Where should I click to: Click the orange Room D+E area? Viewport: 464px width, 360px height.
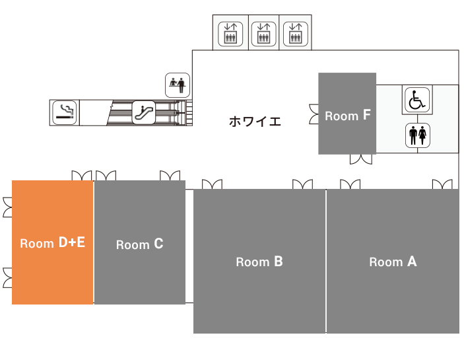pos(52,242)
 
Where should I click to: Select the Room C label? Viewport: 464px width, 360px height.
pos(140,244)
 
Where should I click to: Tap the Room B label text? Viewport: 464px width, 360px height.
pos(259,262)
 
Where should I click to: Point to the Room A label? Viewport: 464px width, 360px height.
pos(393,262)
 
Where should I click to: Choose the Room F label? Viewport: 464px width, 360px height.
pos(348,116)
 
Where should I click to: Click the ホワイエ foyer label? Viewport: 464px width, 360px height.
pos(255,122)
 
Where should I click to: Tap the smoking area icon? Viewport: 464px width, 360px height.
pos(65,112)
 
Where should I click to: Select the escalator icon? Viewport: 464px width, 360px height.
pos(143,112)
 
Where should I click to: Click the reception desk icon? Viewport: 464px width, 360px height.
pos(178,85)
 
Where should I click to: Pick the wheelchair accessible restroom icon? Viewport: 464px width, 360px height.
pos(417,100)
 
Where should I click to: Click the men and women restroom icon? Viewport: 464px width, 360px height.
pos(418,135)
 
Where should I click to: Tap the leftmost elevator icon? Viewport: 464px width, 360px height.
pos(230,34)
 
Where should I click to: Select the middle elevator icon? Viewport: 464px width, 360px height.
pos(263,34)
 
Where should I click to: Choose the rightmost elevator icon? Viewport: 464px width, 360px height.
pos(296,34)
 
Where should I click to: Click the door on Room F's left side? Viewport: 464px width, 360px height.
pos(314,114)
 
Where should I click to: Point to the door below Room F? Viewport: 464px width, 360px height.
pos(361,159)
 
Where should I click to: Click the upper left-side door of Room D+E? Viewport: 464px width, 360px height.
pos(8,207)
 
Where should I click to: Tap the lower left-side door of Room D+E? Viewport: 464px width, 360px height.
pos(8,277)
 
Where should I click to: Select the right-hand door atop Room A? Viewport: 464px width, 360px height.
pos(442,184)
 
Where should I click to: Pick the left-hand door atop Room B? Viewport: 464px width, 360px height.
pos(212,184)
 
